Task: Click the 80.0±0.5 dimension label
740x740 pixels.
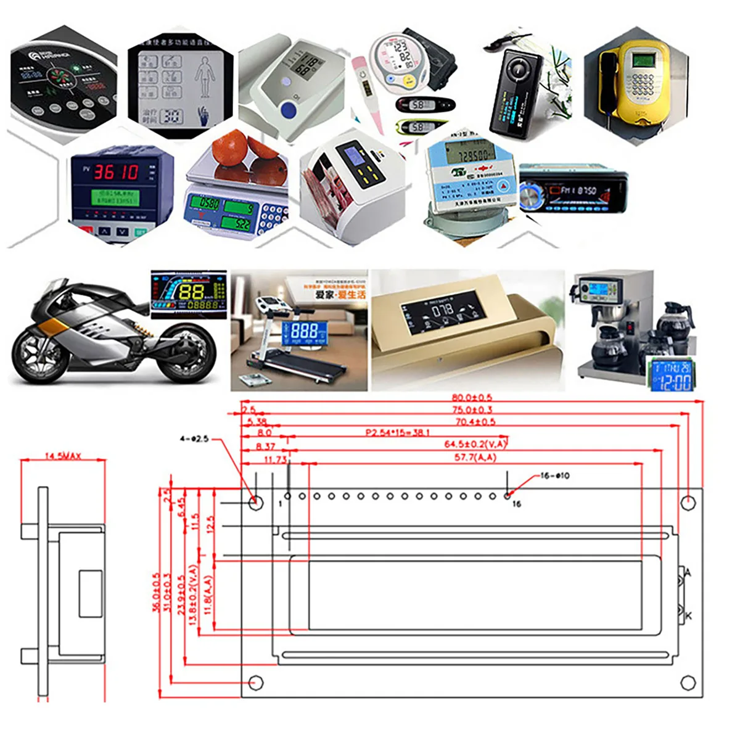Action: coord(472,398)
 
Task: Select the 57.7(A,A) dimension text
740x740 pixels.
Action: coord(475,458)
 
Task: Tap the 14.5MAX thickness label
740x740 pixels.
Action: coord(63,456)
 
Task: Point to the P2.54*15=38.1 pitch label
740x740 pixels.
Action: coord(398,433)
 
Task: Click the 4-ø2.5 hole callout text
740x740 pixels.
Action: coord(194,439)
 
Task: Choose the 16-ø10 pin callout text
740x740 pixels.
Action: coord(555,475)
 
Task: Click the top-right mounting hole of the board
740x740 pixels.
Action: coord(688,503)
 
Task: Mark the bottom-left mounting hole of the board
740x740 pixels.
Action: coord(255,683)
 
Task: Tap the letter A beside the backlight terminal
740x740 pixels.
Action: coord(688,573)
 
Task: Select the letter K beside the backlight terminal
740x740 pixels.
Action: coord(688,615)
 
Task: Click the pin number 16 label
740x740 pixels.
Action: coord(516,504)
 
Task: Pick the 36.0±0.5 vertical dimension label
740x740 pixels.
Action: coord(156,592)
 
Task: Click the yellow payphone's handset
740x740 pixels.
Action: coord(608,83)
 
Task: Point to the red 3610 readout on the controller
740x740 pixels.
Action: coord(115,172)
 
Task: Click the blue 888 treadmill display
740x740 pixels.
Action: coord(305,332)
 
